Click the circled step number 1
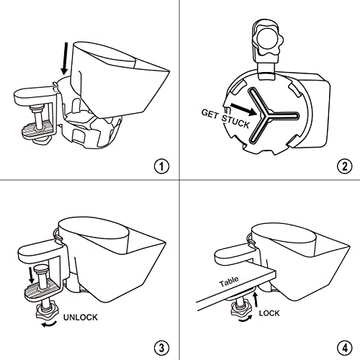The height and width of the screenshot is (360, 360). (x=161, y=166)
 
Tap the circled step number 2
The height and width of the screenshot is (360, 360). (x=345, y=166)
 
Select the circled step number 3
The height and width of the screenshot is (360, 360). (x=161, y=348)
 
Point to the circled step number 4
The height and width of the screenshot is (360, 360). (x=345, y=348)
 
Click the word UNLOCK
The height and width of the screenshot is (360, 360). (x=81, y=318)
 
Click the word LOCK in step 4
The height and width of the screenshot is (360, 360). (x=269, y=313)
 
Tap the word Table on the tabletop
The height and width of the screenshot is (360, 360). (x=229, y=282)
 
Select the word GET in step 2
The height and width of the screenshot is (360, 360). (x=210, y=114)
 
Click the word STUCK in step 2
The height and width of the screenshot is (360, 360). (x=235, y=122)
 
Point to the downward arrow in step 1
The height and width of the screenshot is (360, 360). (x=65, y=59)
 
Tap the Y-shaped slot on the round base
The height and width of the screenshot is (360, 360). (x=271, y=116)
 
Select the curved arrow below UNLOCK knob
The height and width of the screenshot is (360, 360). (x=49, y=325)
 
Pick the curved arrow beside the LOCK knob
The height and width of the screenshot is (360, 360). (x=246, y=319)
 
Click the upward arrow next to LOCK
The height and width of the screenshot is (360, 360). (x=256, y=299)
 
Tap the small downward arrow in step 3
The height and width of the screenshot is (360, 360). (x=31, y=276)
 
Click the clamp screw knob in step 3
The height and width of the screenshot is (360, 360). (x=47, y=312)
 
